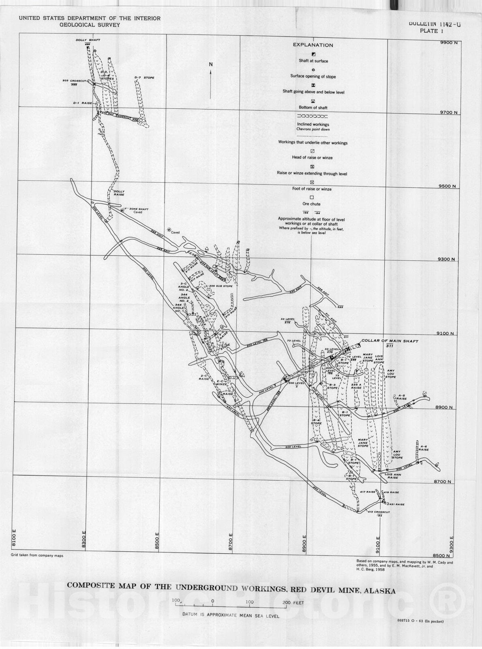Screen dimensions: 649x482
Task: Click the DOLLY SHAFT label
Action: coord(88,40)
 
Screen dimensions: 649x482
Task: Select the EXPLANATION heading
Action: coord(313,45)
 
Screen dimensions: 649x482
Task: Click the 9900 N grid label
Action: coord(448,43)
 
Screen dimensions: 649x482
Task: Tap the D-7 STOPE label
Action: coord(144,77)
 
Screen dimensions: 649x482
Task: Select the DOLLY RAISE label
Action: coord(119,193)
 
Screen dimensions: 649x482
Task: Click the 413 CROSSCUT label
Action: coord(379,512)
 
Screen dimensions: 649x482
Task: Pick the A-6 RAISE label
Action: coord(424,448)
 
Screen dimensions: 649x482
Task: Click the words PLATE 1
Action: coord(429,31)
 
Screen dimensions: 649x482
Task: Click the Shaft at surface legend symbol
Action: coord(313,54)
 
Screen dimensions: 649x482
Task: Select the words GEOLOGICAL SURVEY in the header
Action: coord(89,25)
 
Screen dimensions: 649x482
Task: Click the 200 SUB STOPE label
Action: coord(221,286)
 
